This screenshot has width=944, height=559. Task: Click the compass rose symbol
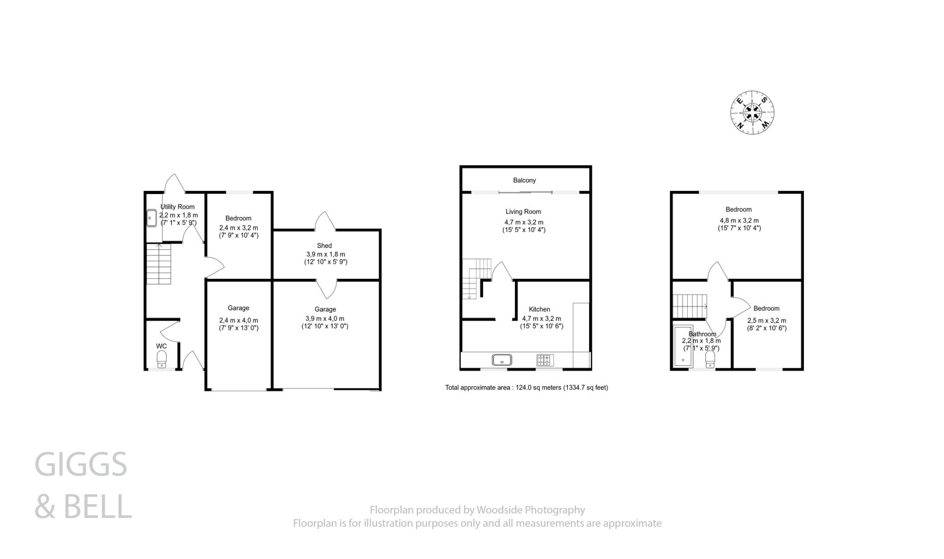click(x=752, y=112)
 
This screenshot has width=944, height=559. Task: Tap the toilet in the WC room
click(x=161, y=359)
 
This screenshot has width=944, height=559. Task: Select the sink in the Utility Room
click(x=151, y=218)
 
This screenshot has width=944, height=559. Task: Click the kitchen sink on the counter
click(x=502, y=359)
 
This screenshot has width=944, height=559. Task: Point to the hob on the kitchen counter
click(x=545, y=359)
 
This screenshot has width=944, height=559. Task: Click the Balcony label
click(x=524, y=180)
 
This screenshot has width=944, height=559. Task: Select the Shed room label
click(x=324, y=246)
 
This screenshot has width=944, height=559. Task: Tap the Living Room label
click(x=523, y=212)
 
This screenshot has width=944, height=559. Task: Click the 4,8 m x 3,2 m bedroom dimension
click(x=739, y=220)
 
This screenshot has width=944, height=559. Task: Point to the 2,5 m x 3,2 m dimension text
click(x=767, y=320)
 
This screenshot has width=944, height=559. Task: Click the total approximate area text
click(x=526, y=388)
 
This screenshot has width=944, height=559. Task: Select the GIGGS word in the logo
click(x=81, y=465)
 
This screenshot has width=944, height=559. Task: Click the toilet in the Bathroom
click(x=710, y=358)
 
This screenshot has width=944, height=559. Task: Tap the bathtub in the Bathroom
click(x=683, y=346)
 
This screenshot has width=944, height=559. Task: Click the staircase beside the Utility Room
click(x=159, y=264)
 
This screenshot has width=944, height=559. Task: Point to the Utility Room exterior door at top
click(x=175, y=183)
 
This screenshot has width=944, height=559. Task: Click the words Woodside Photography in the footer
click(x=531, y=510)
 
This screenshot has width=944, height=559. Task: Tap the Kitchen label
click(x=539, y=309)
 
